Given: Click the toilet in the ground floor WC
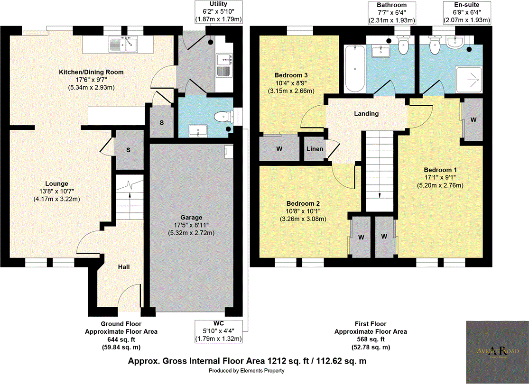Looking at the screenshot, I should tap(222, 116).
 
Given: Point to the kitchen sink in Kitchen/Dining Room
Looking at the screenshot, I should tap(123, 44).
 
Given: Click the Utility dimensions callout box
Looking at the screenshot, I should tap(219, 12).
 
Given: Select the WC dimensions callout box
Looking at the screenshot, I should tap(219, 331).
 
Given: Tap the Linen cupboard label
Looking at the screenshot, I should tap(315, 149).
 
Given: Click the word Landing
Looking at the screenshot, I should tap(367, 114).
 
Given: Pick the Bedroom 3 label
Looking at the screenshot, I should tap(291, 75).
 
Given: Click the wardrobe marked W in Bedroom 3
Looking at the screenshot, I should tap(279, 149).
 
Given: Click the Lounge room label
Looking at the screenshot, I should tap(56, 183).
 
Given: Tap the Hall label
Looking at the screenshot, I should tap(124, 267).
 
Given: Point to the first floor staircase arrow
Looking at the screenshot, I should tap(380, 194).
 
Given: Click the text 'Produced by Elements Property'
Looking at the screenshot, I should tap(247, 371).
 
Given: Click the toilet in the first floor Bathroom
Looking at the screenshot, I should tap(404, 46).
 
